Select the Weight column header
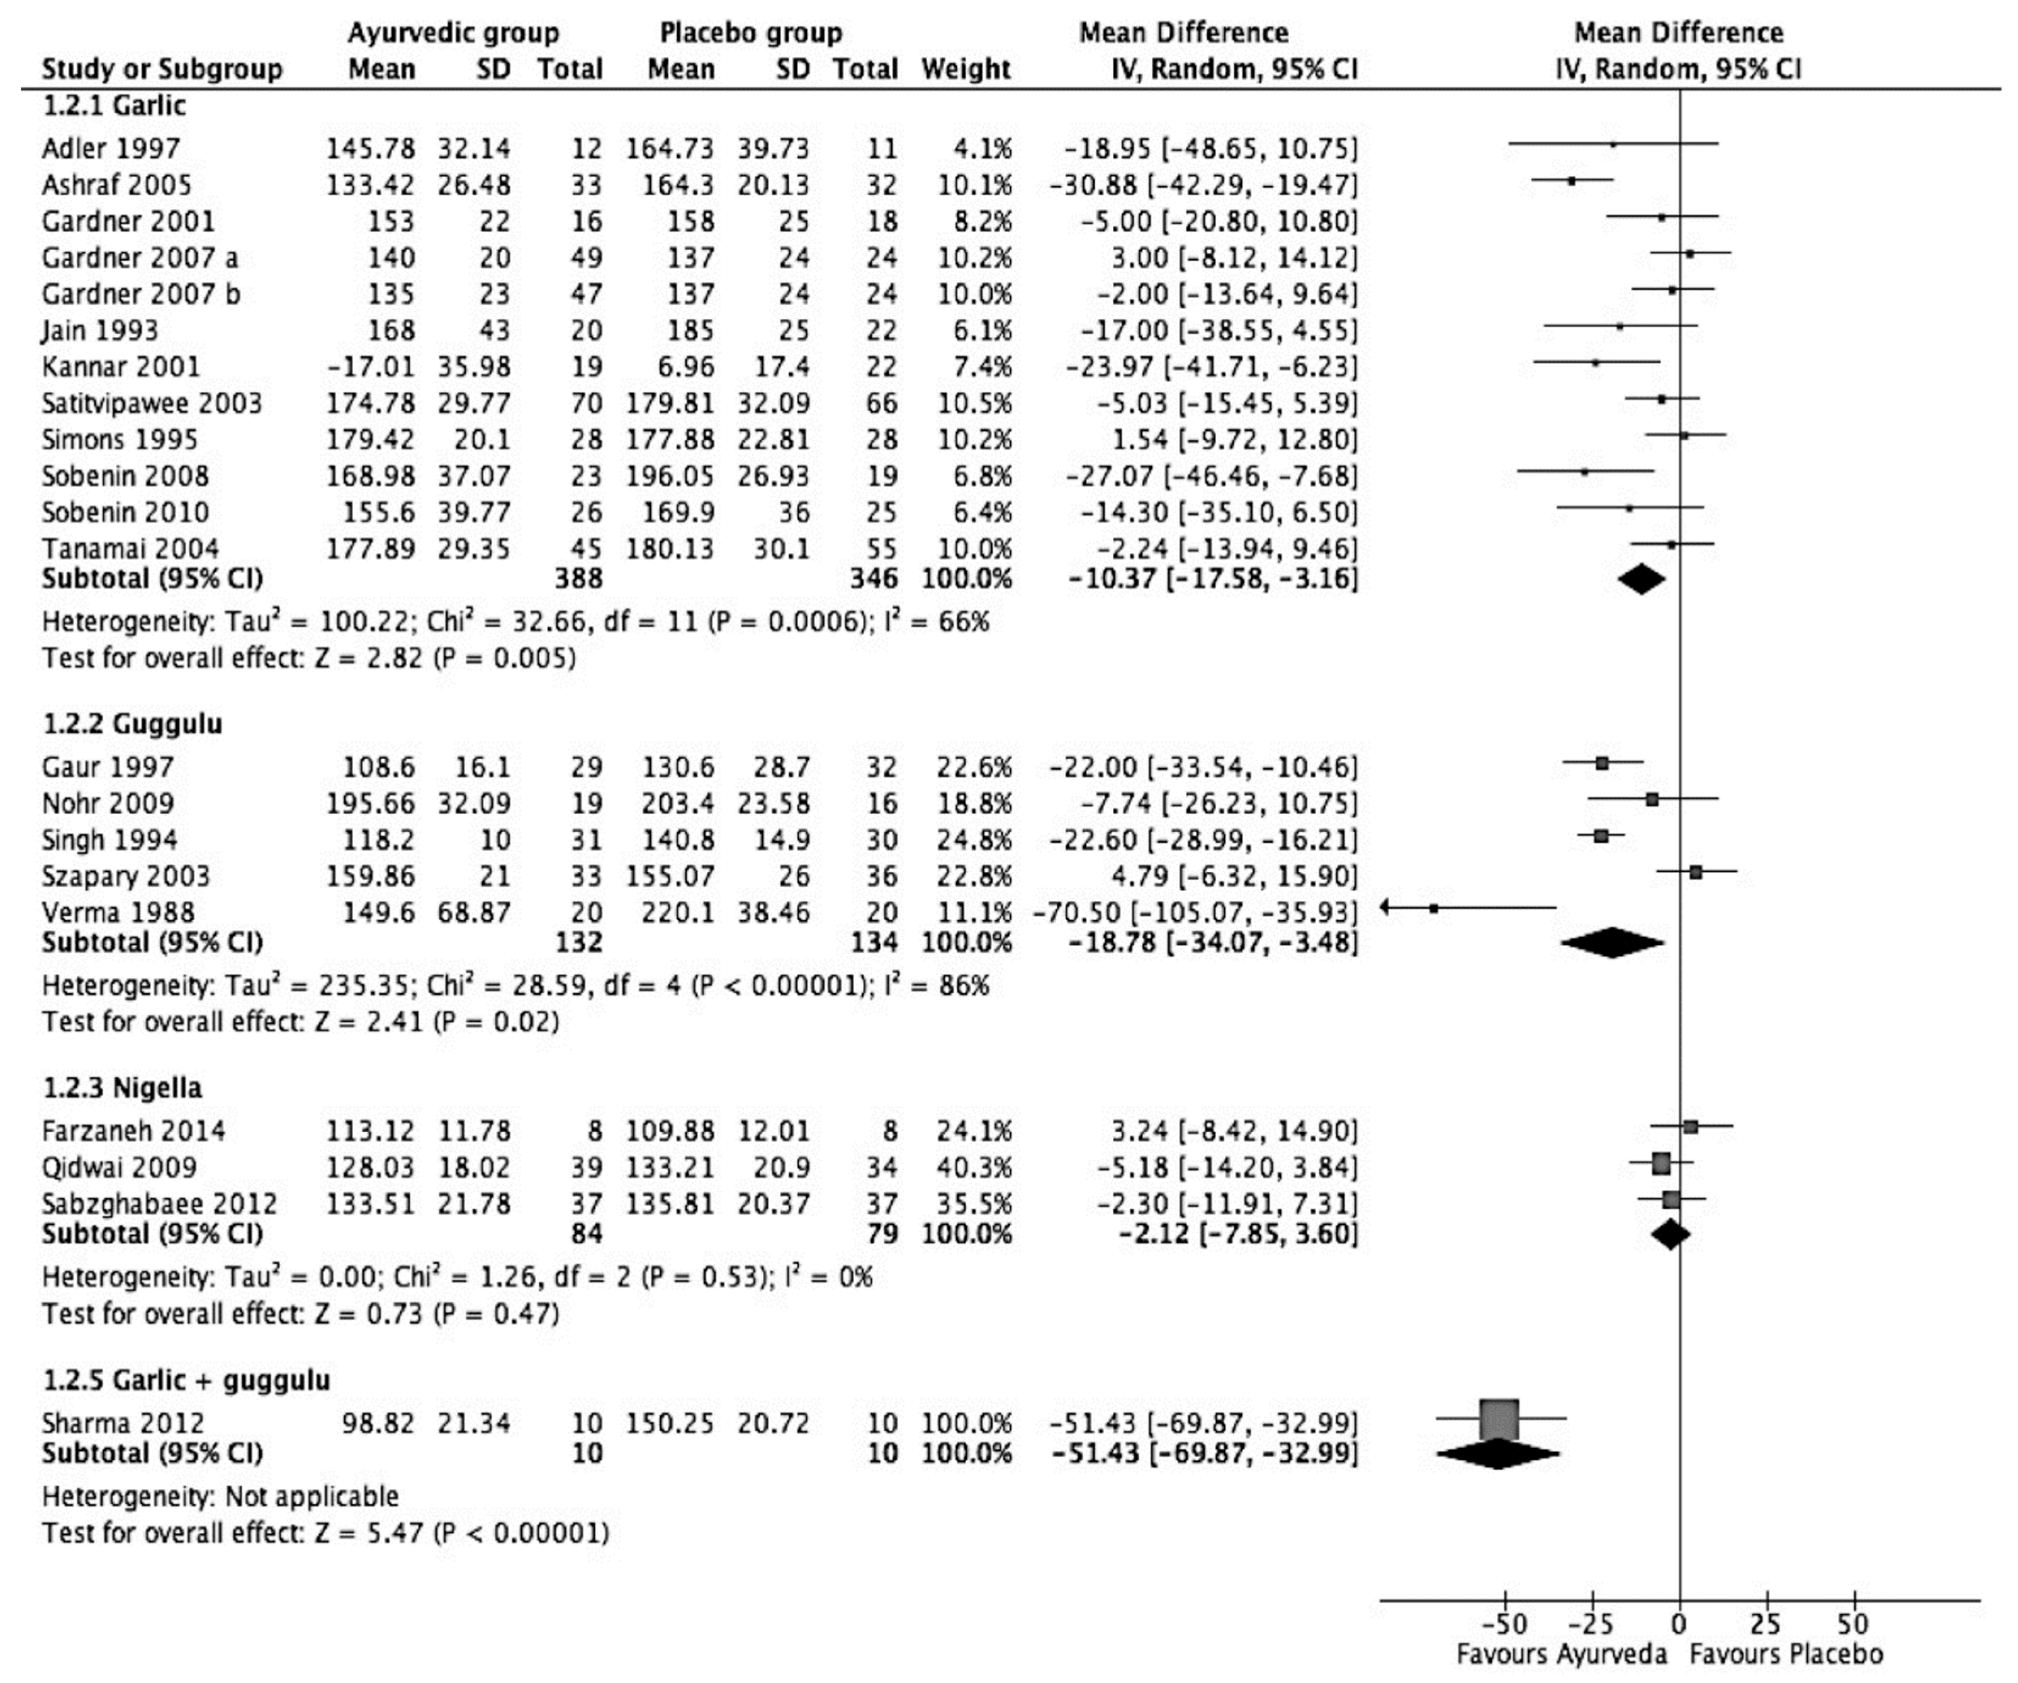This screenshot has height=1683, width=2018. click(966, 69)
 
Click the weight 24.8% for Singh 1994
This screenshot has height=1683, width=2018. click(975, 840)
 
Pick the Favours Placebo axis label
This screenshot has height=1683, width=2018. click(1785, 1654)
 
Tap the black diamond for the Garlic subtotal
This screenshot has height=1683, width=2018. click(1641, 579)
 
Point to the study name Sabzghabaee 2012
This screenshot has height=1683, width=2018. click(159, 1204)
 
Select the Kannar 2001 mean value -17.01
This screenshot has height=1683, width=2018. click(370, 367)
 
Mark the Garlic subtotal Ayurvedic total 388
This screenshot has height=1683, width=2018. click(578, 579)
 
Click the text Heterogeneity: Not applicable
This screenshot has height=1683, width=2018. click(220, 1496)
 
